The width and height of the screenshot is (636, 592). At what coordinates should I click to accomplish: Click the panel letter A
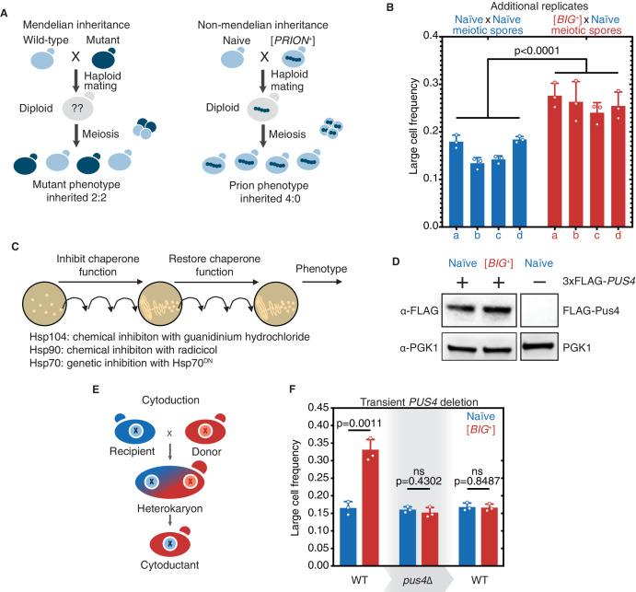[7, 8]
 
